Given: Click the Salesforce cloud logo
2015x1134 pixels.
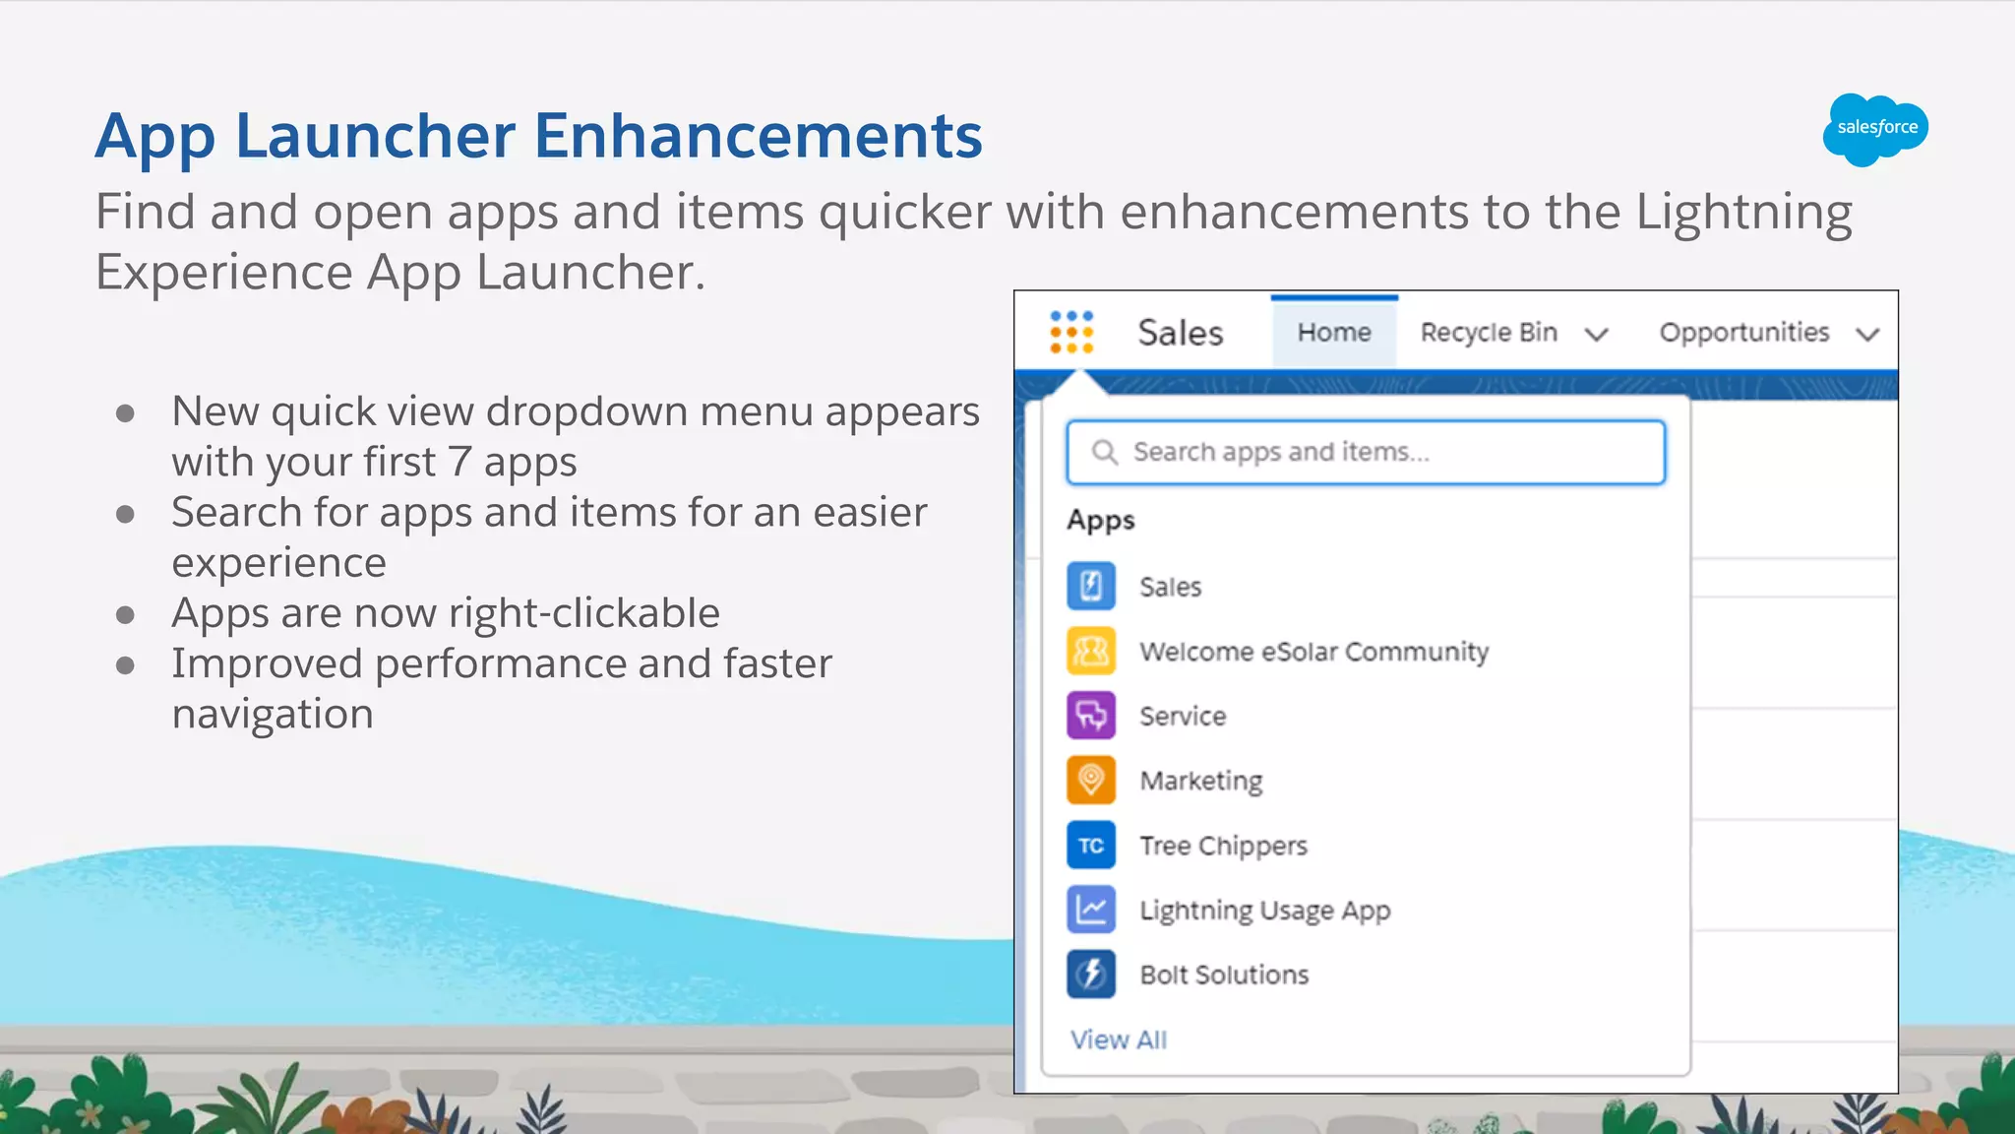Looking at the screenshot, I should [1875, 128].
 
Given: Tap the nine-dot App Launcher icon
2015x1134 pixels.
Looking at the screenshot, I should [1070, 332].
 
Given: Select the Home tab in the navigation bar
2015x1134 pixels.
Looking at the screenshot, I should [1333, 333].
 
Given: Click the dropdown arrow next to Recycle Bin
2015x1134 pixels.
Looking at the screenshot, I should [1596, 335].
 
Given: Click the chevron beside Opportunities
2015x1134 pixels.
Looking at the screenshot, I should [1867, 335].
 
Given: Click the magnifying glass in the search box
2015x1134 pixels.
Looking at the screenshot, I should [1104, 452].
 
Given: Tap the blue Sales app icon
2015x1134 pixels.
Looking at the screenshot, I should [1091, 587].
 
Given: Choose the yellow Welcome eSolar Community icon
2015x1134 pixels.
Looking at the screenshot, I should [1091, 652].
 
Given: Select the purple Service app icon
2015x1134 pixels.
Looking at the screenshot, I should [1091, 716].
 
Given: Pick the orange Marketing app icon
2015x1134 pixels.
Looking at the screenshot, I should [1091, 781].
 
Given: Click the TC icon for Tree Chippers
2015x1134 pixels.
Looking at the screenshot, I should [1091, 846].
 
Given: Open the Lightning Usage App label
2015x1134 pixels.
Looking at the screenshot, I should [1264, 911].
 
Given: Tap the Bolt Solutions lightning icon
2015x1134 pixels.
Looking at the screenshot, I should [1091, 975].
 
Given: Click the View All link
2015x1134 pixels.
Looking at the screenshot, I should [1118, 1039].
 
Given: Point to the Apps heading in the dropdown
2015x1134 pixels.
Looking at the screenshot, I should [1100, 520].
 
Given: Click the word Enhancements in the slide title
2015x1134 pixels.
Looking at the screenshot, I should [758, 136].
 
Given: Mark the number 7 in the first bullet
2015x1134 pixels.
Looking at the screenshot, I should [458, 462].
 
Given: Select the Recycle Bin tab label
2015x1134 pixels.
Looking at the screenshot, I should [1488, 333].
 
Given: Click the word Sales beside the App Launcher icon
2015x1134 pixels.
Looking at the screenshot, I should [1180, 333].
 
